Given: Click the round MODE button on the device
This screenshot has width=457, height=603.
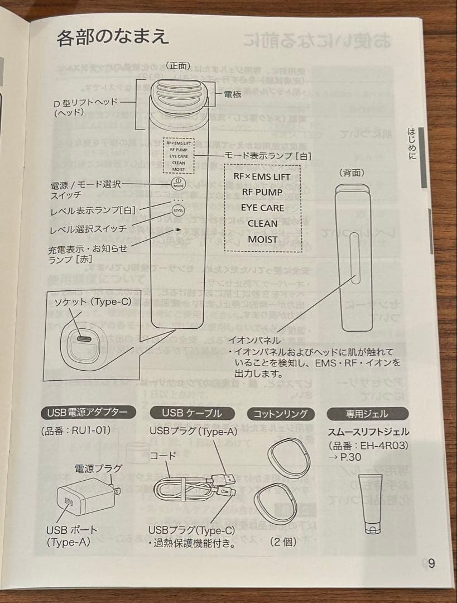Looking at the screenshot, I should (x=178, y=184).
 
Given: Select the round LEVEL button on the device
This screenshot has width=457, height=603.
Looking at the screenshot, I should (x=178, y=210).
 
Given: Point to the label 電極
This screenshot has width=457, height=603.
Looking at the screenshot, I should (x=233, y=95).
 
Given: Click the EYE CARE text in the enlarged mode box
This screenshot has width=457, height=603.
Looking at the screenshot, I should (x=262, y=208).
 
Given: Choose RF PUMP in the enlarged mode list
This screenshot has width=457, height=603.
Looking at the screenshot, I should (x=262, y=192).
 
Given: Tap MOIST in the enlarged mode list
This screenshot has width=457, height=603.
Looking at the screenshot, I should (x=262, y=239).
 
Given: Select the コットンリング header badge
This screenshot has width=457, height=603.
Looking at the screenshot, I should (x=281, y=414).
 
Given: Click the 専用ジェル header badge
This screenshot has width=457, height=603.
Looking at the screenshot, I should (x=367, y=414).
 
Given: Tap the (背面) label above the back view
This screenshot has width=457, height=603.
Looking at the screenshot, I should (x=352, y=174).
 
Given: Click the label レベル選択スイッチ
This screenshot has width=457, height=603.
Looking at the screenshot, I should (x=88, y=229).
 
